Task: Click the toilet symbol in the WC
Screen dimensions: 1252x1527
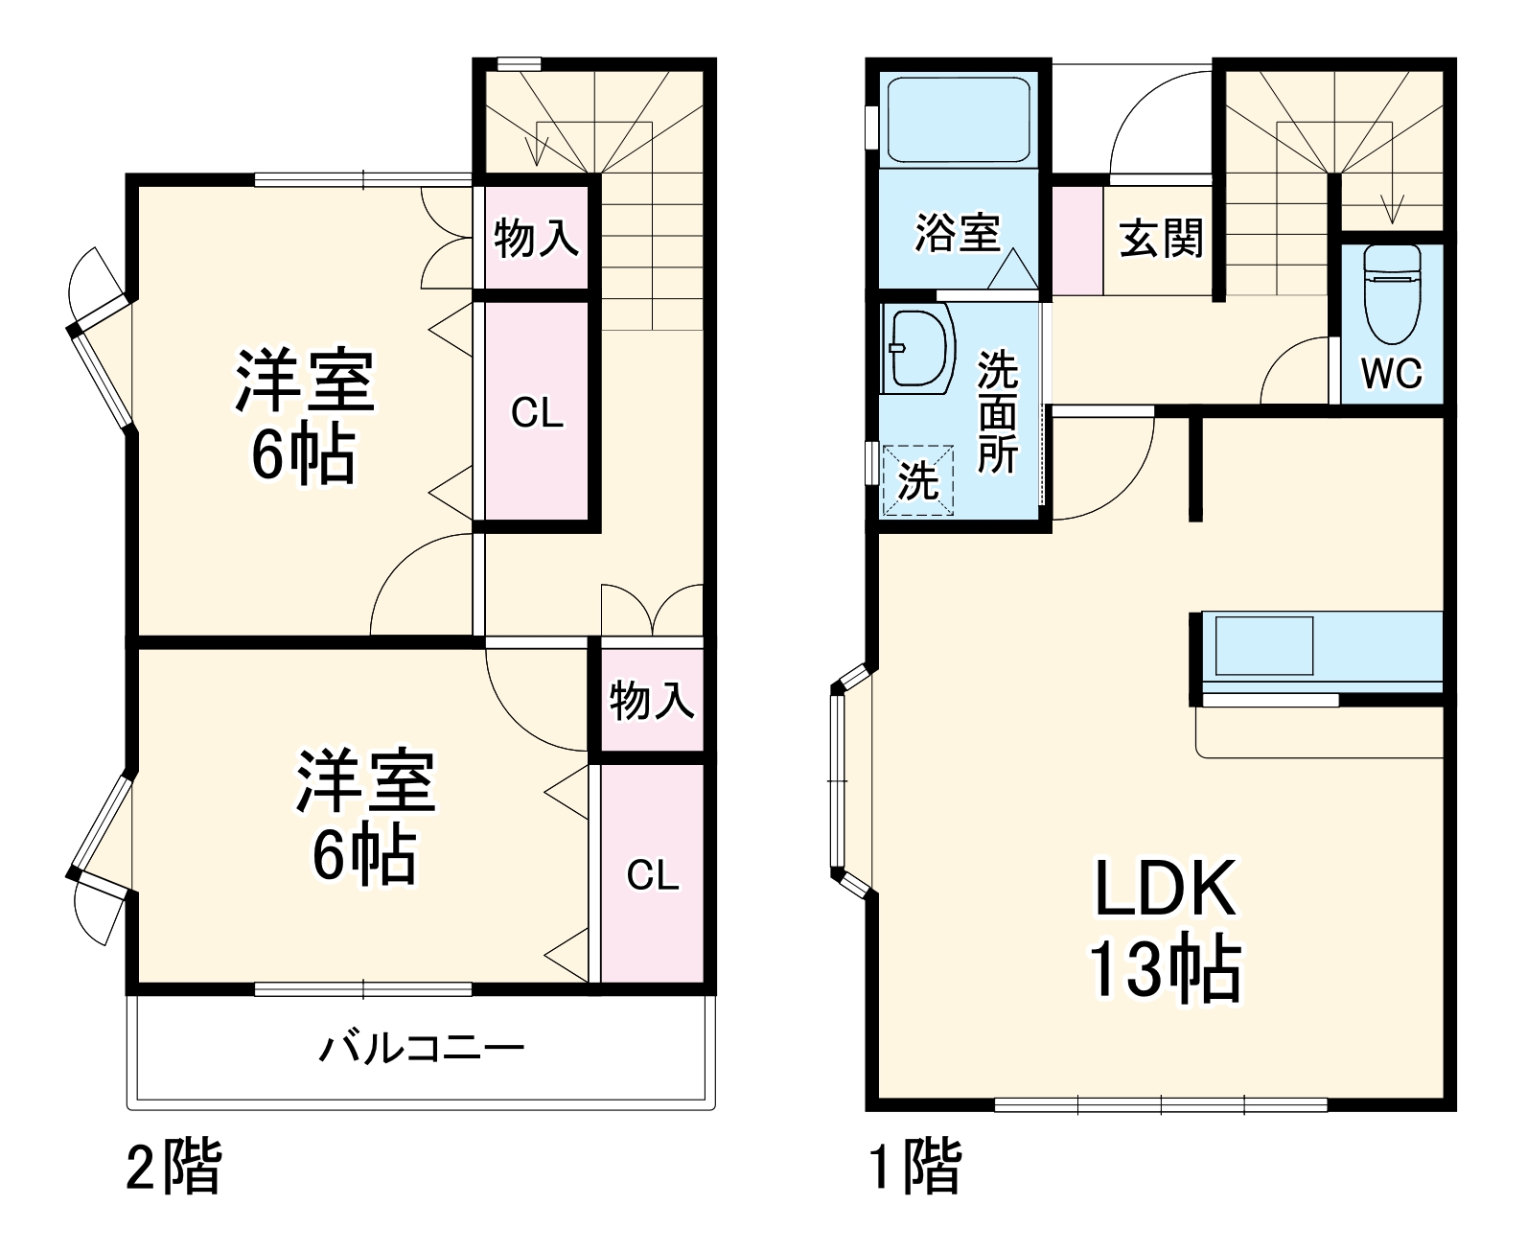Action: pos(1392,295)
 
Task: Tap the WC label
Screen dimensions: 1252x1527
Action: pos(1392,374)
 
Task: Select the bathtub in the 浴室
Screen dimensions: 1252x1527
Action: pos(958,119)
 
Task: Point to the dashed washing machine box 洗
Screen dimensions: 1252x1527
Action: pos(917,480)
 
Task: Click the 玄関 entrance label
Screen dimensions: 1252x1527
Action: pos(1162,237)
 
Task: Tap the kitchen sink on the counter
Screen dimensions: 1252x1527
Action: pos(1264,646)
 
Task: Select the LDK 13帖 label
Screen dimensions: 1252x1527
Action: pos(1166,931)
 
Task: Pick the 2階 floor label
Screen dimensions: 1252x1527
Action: pos(174,1166)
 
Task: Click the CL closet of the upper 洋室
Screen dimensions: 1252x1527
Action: pos(537,413)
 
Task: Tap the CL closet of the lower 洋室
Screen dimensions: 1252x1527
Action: pos(653,874)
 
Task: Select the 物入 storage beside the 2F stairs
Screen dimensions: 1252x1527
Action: pos(536,237)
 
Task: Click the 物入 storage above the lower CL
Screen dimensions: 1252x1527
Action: pos(652,700)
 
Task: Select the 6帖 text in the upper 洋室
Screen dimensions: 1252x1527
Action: pos(304,455)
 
